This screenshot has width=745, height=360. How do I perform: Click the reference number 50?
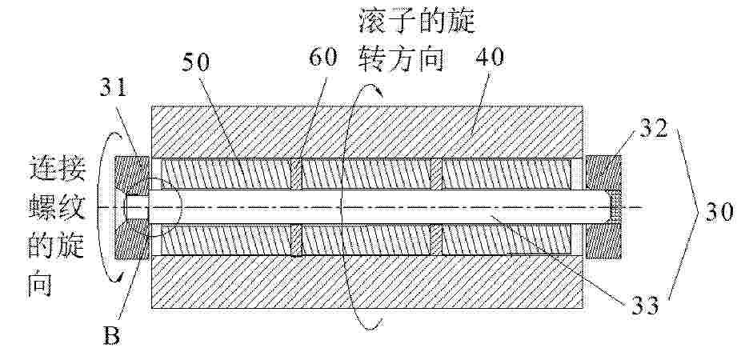tap(196, 62)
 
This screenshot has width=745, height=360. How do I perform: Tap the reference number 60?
tap(323, 58)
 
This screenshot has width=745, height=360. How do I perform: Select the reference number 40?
tap(490, 58)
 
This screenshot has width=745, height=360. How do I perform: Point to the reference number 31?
tap(114, 87)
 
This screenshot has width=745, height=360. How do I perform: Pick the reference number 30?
tap(719, 212)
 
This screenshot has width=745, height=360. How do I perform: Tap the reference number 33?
tap(645, 306)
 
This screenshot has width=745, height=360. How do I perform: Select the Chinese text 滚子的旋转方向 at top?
tap(416, 42)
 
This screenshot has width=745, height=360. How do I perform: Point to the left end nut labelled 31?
tap(131, 207)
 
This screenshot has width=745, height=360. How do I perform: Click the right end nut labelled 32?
tap(603, 207)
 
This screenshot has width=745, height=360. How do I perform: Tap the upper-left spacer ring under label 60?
tap(295, 174)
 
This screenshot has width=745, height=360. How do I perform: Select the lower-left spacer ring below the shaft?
tap(295, 241)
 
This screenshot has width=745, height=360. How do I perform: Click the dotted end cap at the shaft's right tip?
tap(615, 207)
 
